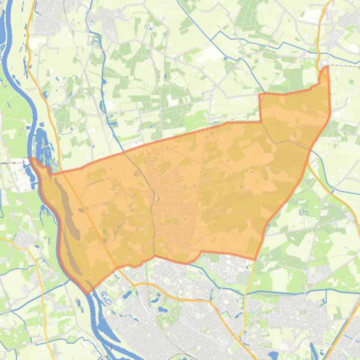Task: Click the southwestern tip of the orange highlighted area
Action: pyautogui.click(x=87, y=293)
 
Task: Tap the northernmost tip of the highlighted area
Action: pyautogui.click(x=326, y=67)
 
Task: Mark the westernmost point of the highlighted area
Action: pyautogui.click(x=31, y=159)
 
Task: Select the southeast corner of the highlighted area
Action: pyautogui.click(x=255, y=259)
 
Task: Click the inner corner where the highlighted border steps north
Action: pyautogui.click(x=260, y=122)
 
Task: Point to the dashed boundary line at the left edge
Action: pyautogui.click(x=14, y=163)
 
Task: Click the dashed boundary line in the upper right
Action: pyautogui.click(x=344, y=66)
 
